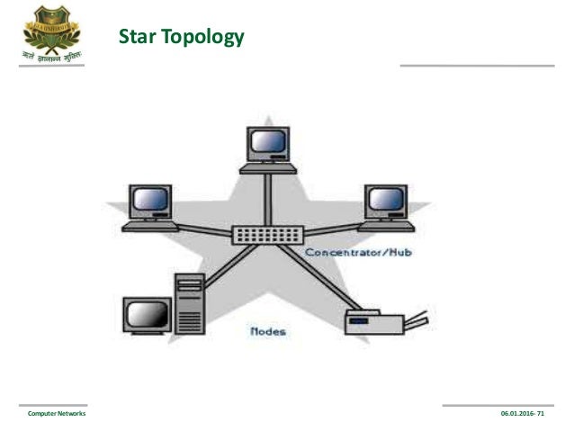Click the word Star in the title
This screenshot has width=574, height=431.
[137, 38]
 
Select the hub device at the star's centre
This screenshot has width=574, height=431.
[267, 234]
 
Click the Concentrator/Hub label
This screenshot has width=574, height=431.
[358, 253]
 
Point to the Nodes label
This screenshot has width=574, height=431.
[267, 331]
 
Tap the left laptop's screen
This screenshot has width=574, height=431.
[149, 200]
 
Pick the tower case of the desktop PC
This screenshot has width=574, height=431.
[190, 304]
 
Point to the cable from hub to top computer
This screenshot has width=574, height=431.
[267, 198]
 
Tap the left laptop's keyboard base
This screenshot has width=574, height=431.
[149, 225]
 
